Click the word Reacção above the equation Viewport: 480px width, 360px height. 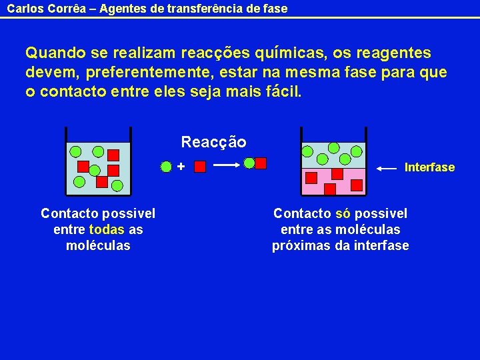[x=213, y=142]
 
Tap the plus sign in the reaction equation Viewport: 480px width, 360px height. [x=181, y=165]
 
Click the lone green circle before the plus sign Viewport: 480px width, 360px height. [x=167, y=166]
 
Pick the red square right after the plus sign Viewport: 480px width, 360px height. [x=199, y=166]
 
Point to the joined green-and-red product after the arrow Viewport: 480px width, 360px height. [x=255, y=163]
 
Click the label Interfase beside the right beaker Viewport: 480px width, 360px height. [x=429, y=167]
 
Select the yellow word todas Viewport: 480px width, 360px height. [x=107, y=229]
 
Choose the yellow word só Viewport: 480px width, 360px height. [x=343, y=213]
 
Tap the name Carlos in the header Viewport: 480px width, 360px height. [x=23, y=9]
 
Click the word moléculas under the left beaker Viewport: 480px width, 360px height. [x=98, y=245]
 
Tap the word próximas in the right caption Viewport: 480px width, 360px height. [x=301, y=245]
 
